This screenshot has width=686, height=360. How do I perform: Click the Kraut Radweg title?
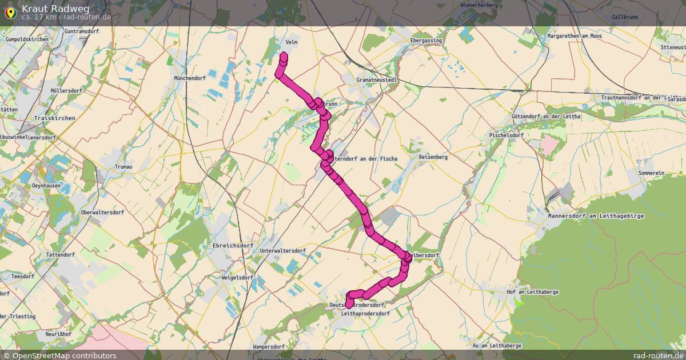(55, 9)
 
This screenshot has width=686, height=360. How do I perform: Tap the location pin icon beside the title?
(10, 12)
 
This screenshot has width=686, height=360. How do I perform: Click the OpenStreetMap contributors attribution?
(64, 355)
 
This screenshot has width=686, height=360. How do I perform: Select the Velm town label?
(291, 42)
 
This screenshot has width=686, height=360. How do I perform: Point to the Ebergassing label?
(426, 41)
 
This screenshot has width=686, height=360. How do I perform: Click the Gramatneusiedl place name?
(376, 80)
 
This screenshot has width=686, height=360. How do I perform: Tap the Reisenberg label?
(433, 157)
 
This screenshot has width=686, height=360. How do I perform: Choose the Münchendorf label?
(190, 78)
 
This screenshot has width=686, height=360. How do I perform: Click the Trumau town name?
(123, 166)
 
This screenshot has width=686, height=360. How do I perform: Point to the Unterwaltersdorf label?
(282, 251)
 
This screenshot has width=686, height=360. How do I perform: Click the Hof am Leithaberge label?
(532, 292)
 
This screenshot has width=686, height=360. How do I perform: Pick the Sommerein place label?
(651, 173)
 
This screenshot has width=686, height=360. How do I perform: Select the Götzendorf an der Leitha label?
(546, 117)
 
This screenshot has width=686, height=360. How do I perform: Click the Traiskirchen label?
(55, 118)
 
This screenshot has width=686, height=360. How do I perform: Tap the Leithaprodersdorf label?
(365, 314)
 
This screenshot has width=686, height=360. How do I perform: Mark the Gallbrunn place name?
(625, 18)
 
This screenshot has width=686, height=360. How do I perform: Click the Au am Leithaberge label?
(496, 346)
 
